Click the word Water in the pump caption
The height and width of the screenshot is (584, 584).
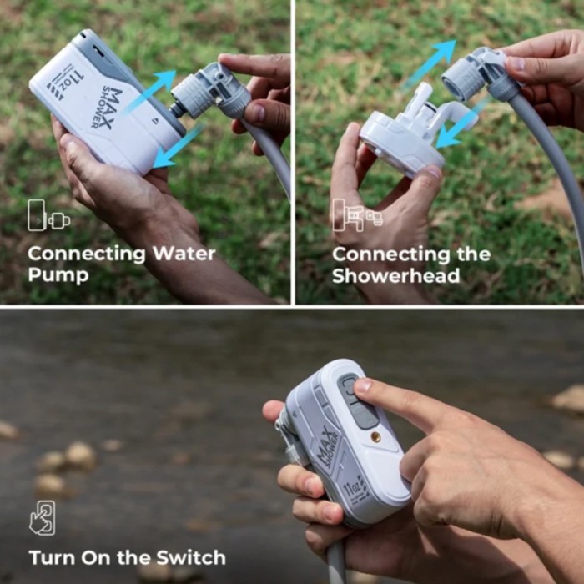(184, 254)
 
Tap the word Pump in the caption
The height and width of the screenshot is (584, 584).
(58, 275)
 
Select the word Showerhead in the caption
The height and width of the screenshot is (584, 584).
(396, 276)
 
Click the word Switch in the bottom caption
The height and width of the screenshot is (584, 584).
(191, 557)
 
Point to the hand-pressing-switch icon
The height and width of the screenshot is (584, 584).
(43, 518)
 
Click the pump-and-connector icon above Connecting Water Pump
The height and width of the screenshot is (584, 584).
(48, 215)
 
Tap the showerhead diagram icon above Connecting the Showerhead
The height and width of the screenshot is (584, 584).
(357, 215)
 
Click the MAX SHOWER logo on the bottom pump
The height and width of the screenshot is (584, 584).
(327, 447)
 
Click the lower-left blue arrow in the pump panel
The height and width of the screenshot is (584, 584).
(178, 147)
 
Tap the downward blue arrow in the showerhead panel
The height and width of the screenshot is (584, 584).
(459, 125)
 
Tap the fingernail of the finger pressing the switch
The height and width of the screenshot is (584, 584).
(363, 385)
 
